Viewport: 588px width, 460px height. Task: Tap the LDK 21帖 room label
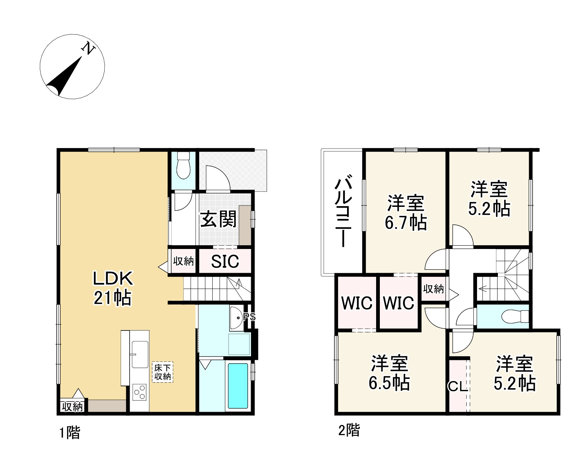click(112, 288)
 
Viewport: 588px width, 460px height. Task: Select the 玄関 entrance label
click(218, 220)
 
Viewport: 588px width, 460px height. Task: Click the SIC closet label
click(225, 261)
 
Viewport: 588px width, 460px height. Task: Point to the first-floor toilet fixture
click(184, 165)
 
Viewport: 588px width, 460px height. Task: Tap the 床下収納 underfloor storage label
click(162, 372)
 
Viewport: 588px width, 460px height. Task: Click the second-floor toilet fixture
click(515, 316)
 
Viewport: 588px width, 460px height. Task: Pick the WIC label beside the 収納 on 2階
click(398, 303)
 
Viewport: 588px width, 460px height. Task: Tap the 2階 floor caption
click(349, 430)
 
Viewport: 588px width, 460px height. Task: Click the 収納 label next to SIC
click(184, 262)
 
